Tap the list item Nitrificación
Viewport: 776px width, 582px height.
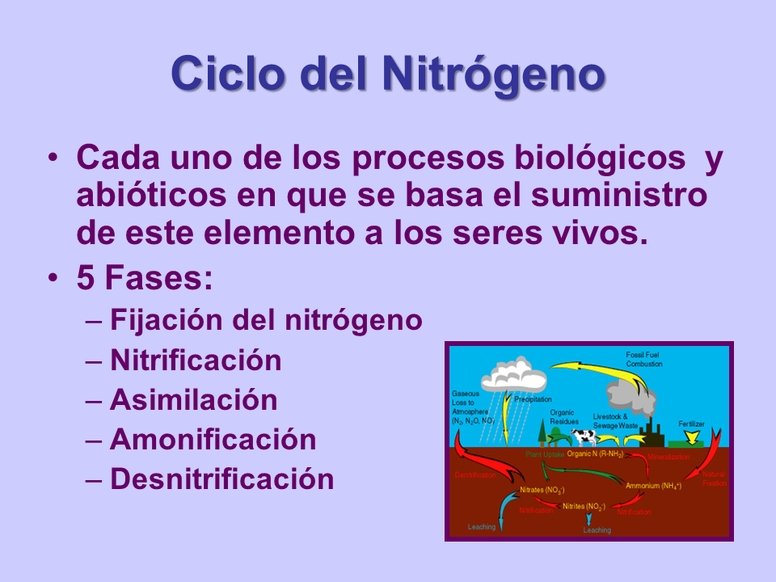(x=195, y=360)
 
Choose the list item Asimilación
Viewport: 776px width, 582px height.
(x=193, y=400)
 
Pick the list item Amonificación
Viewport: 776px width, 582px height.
(x=213, y=440)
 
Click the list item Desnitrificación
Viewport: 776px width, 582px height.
(x=221, y=479)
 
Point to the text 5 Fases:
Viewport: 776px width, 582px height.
(x=145, y=279)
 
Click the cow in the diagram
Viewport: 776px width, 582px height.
(x=584, y=436)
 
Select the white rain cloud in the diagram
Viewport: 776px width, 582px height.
(x=514, y=373)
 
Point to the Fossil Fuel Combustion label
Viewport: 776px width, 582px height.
(x=643, y=360)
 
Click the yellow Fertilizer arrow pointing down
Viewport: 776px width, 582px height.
(x=691, y=437)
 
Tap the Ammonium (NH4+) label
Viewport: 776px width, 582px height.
(x=653, y=486)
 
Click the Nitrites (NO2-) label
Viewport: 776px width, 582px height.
(x=584, y=506)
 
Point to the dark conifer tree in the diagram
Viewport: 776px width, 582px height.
(x=542, y=432)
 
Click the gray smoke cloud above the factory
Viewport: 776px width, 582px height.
(x=630, y=394)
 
